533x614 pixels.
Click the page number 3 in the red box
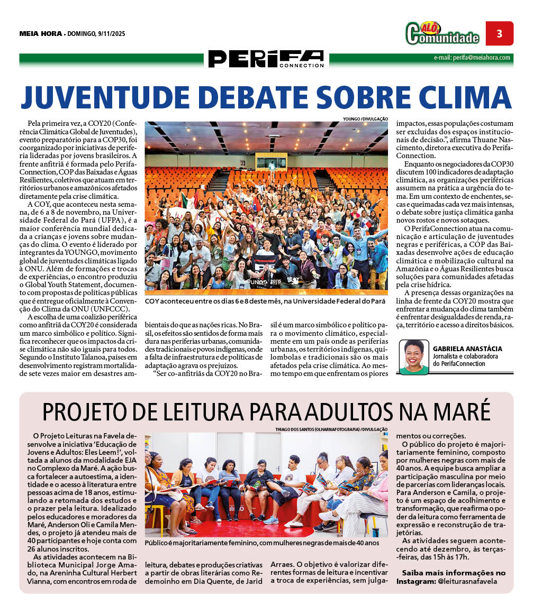(x=499, y=33)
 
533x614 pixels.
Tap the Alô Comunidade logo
(x=442, y=33)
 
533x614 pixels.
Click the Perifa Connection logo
(x=266, y=59)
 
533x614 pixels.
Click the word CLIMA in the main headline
(x=465, y=96)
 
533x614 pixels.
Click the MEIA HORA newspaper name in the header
(x=40, y=34)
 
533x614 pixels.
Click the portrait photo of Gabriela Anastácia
(x=414, y=357)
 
